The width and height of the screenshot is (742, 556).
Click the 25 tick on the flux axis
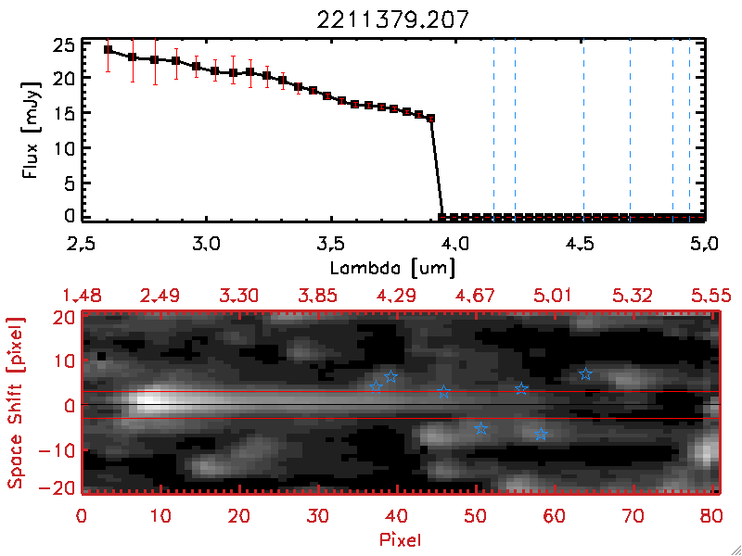[x=64, y=44]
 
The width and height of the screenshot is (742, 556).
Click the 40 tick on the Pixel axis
[x=398, y=515]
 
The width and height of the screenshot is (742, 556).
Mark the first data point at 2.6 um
[x=108, y=50]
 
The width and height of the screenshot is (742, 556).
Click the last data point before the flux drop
[x=431, y=119]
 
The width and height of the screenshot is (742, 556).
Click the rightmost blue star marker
[x=585, y=373]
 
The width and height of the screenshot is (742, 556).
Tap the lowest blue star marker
[x=542, y=434]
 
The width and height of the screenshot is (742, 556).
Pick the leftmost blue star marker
[x=376, y=385]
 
